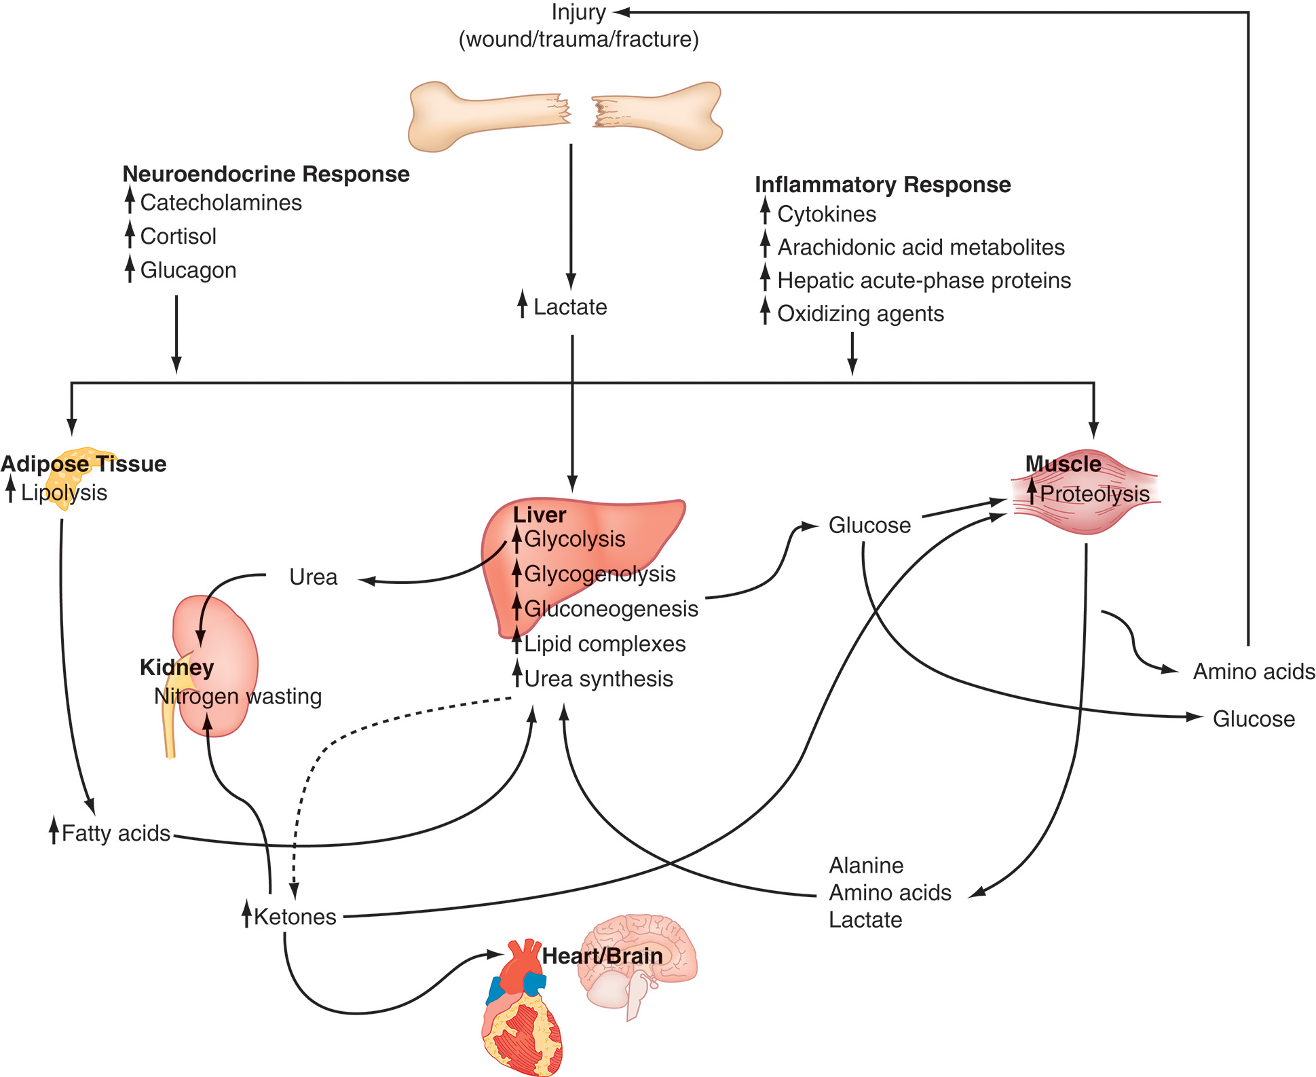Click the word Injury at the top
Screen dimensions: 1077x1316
point(578,13)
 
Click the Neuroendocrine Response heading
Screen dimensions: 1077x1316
point(265,174)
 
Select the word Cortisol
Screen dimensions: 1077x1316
point(178,236)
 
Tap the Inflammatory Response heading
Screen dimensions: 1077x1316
point(882,185)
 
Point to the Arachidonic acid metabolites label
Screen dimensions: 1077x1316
point(920,247)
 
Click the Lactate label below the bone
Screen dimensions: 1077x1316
point(569,307)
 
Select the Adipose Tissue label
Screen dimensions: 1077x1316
point(83,464)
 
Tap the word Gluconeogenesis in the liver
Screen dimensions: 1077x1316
point(611,608)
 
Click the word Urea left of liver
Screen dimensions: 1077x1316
point(313,577)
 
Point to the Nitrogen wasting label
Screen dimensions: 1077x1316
point(238,696)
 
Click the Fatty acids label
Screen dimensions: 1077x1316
point(115,833)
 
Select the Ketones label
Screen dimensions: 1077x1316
point(295,917)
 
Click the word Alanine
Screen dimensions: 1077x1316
point(866,866)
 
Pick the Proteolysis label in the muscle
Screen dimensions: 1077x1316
point(1094,494)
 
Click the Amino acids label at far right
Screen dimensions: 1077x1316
point(1254,672)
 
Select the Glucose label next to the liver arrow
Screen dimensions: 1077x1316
point(869,526)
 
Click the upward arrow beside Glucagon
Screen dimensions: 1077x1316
point(130,269)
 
